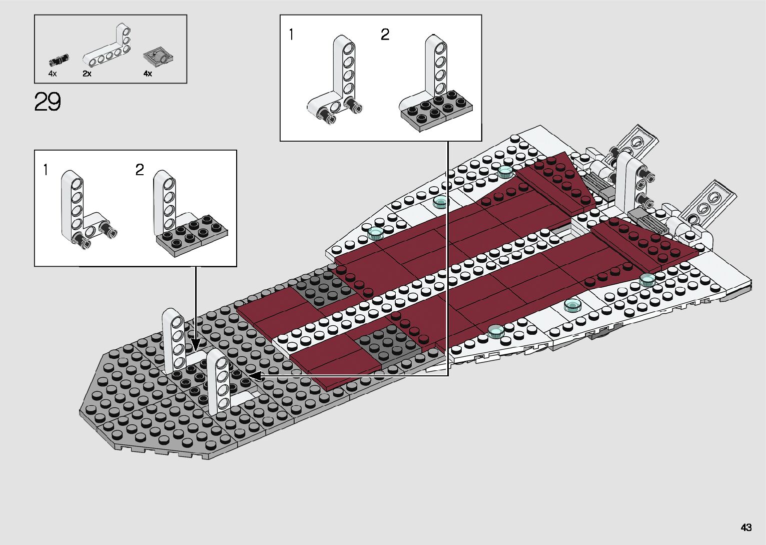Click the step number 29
pos(48,102)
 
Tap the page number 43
pos(746,527)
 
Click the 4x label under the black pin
pos(53,74)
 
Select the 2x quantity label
pos(87,74)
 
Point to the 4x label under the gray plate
pos(148,74)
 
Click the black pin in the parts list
pos(59,60)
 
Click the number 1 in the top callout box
pos(292,35)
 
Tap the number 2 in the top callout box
pos(385,35)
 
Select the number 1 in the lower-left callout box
pos(46,170)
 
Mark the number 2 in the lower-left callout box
pos(140,170)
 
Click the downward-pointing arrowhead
pos(196,344)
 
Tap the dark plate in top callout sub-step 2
pos(436,110)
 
